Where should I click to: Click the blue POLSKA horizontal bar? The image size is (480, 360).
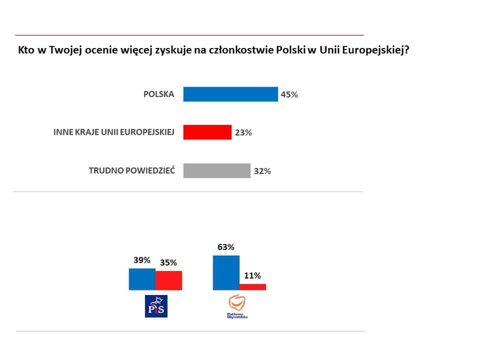(230, 94)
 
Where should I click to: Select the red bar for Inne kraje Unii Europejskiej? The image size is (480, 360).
(207, 132)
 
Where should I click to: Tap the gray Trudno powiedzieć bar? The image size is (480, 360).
(216, 170)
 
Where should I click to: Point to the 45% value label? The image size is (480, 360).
(289, 94)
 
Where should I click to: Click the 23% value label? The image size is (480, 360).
(243, 133)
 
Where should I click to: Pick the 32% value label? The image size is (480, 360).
(262, 171)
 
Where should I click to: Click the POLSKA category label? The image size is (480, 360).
(158, 94)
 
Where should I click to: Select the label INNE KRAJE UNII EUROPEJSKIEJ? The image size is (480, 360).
(113, 132)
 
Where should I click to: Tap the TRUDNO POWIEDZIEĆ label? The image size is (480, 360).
(131, 170)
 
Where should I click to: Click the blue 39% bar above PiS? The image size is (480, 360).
(142, 279)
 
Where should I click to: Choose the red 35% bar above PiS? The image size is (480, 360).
(168, 280)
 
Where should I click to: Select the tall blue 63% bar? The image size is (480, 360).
(226, 272)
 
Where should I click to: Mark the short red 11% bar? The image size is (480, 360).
(252, 287)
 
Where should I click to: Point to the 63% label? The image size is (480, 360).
(226, 247)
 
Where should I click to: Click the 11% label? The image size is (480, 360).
(252, 275)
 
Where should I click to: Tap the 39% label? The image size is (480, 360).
(142, 260)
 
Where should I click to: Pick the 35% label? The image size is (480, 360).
(168, 262)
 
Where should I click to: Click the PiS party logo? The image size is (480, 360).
(155, 306)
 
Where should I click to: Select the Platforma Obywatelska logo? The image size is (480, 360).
(237, 306)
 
